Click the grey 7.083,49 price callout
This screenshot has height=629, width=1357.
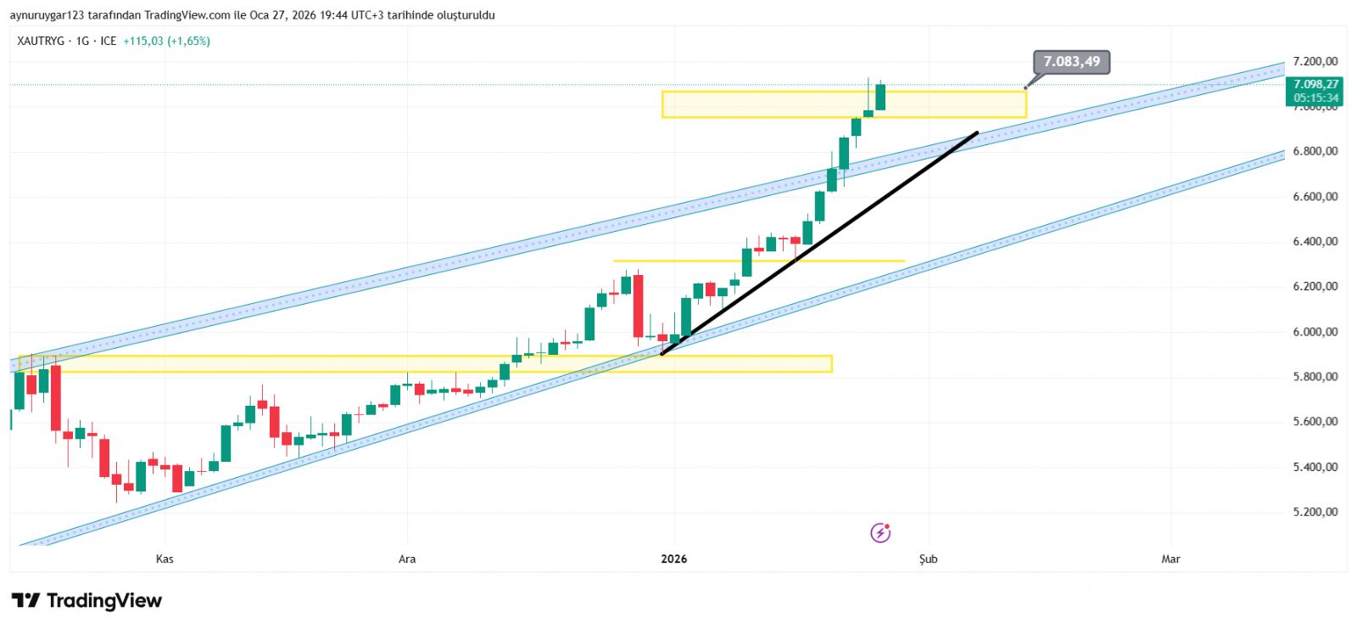(1071, 62)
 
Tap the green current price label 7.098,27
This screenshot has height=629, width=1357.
(1315, 84)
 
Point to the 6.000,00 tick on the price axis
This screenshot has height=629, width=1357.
(1315, 332)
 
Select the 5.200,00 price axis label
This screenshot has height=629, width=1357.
(1315, 512)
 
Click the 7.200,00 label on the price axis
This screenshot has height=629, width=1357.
(1315, 61)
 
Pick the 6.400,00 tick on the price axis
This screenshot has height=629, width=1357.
(1315, 242)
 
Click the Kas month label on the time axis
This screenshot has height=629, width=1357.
(165, 559)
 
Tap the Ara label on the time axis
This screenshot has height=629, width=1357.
(407, 559)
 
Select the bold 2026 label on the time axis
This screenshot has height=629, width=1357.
(673, 559)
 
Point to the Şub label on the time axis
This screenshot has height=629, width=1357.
(928, 559)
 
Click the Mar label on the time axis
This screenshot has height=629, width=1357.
(1170, 559)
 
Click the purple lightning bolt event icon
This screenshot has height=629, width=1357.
(880, 533)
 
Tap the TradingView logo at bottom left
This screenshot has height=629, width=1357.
(87, 601)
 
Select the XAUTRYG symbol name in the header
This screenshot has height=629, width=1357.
(41, 41)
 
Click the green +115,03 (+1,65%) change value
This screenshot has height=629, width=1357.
(166, 41)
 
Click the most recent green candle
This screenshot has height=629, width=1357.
(880, 97)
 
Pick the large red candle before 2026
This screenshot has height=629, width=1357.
(638, 306)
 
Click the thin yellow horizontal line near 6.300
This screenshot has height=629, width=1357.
(848, 261)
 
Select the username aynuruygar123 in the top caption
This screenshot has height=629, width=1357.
(47, 15)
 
